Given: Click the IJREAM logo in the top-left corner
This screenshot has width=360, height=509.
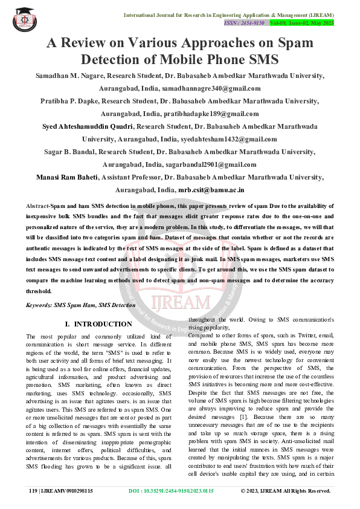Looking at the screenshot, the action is click(x=24, y=19).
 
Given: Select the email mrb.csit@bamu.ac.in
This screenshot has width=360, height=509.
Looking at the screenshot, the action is click(x=214, y=189).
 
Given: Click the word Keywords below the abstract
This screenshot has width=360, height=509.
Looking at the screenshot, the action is click(x=39, y=306).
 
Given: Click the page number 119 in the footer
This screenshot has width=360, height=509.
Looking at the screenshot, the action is click(x=33, y=491).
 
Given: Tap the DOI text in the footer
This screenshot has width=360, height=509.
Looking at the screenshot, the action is click(x=180, y=491).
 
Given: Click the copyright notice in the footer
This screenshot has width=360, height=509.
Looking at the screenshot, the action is click(x=285, y=491).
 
